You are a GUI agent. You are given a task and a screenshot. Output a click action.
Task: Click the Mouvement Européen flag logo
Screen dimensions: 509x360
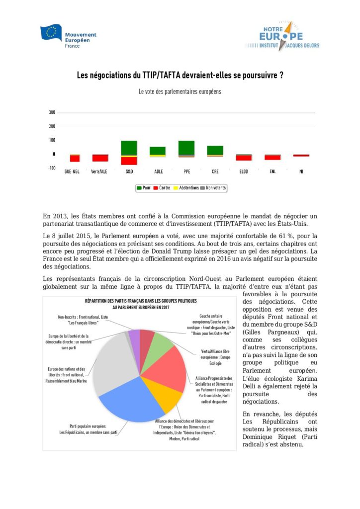(x=51, y=33)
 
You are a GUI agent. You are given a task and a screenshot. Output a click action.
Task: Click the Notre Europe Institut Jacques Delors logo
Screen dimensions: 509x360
(x=281, y=36)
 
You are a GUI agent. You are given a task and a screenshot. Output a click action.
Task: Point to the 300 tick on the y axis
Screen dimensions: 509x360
(x=52, y=112)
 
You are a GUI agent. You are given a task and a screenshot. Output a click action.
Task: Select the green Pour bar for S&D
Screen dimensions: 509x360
(x=129, y=148)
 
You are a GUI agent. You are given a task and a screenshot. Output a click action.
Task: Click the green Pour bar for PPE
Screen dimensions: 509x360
(x=186, y=148)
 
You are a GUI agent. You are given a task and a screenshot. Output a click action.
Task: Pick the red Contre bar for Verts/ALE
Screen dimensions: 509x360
(x=100, y=158)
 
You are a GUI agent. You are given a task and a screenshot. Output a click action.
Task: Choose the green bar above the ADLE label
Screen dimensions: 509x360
(x=158, y=151)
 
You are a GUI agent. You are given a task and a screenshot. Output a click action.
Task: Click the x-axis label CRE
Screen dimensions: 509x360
(x=215, y=172)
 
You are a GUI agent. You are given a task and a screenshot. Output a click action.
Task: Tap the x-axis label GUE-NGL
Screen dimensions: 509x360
(x=72, y=172)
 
